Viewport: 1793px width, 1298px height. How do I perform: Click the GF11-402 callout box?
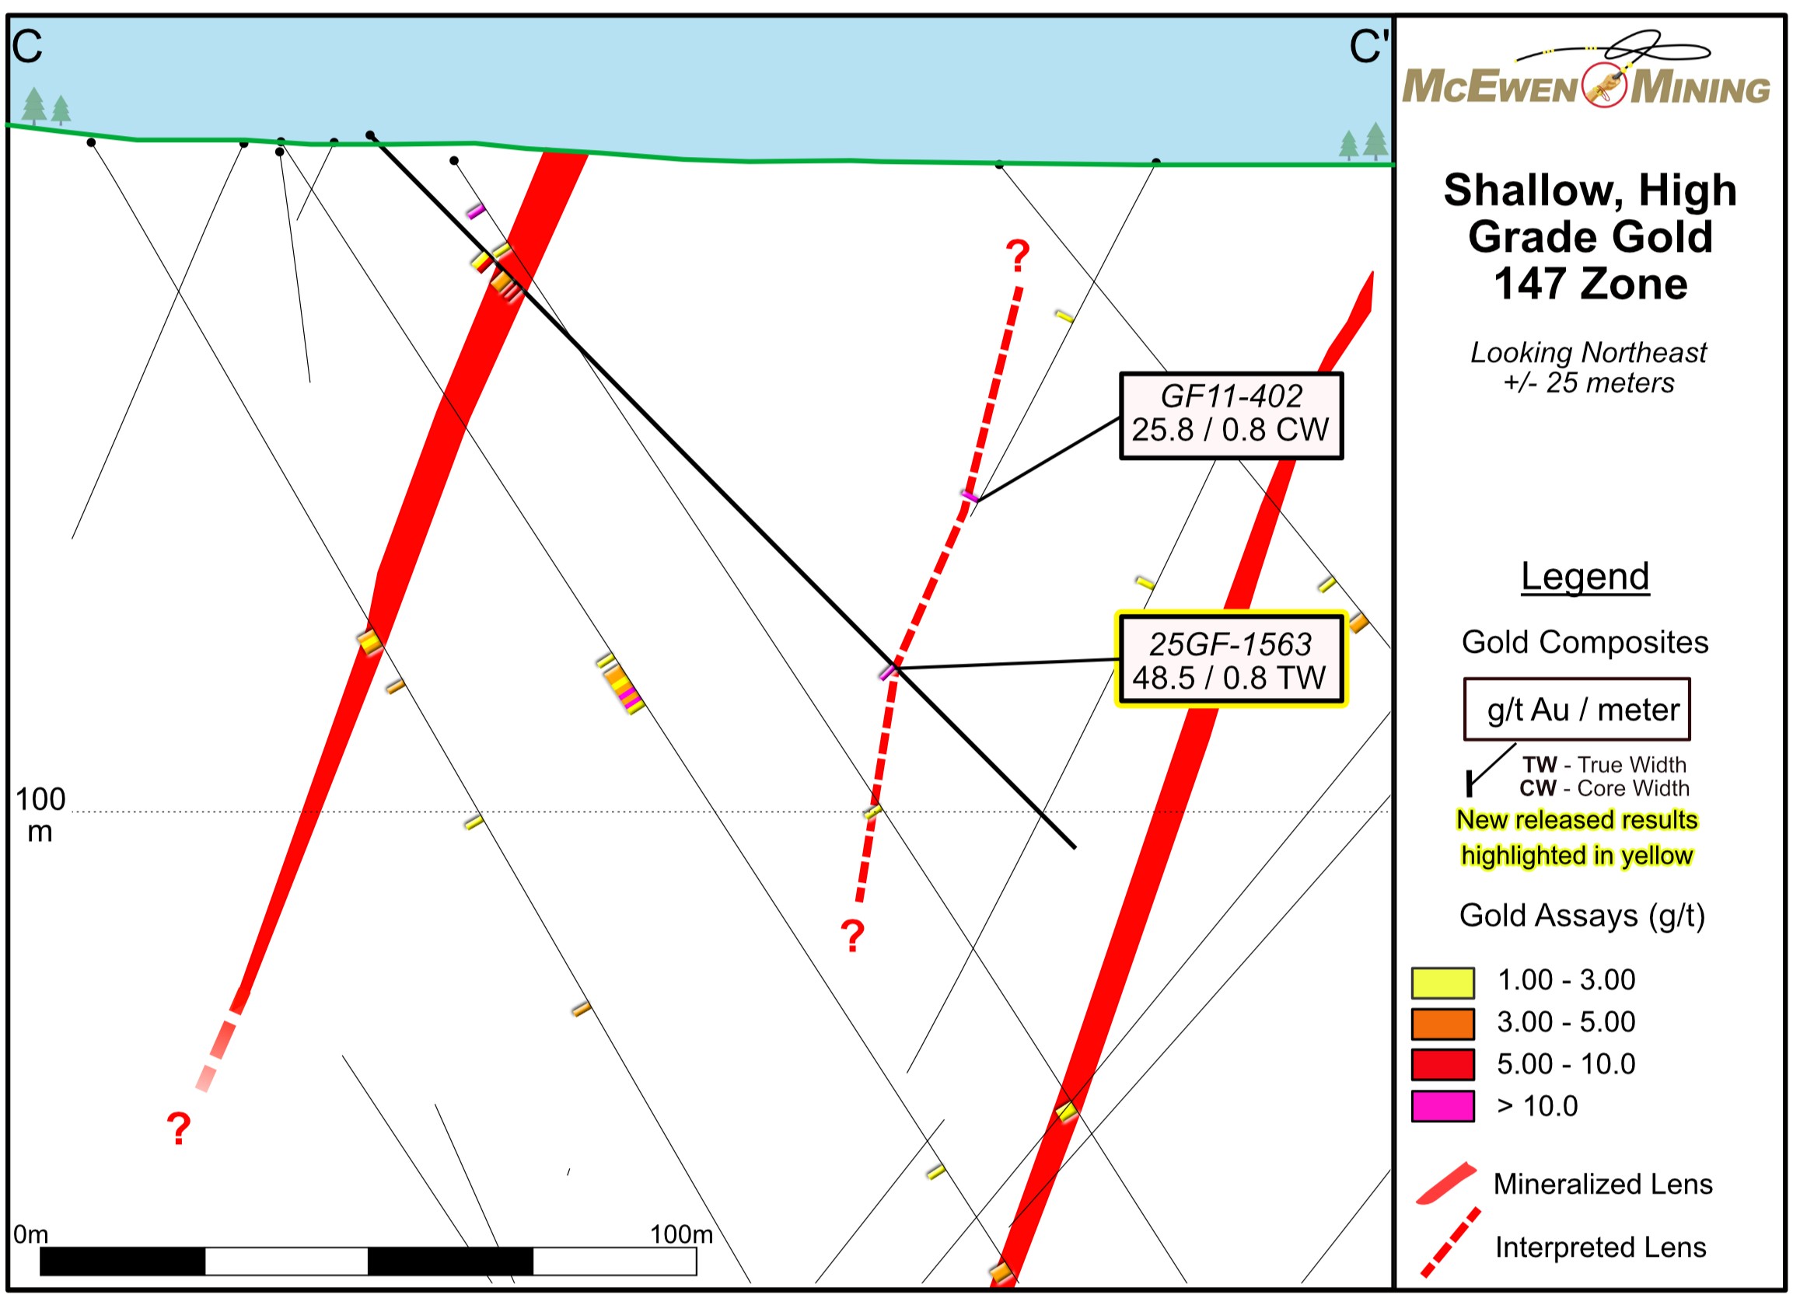(x=1230, y=414)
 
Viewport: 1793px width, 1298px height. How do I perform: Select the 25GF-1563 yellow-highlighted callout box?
(x=1230, y=658)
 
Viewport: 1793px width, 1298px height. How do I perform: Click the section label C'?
(x=1367, y=47)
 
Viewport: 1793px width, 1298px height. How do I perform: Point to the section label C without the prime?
(x=27, y=47)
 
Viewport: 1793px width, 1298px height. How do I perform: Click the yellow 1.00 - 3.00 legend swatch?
(x=1442, y=982)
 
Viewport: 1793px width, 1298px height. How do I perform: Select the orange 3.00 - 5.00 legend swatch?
(x=1442, y=1024)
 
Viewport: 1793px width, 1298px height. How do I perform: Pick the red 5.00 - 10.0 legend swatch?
(x=1442, y=1065)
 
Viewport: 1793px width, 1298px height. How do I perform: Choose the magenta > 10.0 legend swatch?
(x=1442, y=1106)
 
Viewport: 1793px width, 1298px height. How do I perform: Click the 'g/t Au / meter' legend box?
(x=1576, y=709)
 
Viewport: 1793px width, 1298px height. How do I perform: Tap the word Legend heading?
(x=1585, y=576)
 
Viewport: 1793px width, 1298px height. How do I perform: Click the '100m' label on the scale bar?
(x=680, y=1234)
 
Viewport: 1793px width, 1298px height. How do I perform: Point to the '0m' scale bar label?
(x=31, y=1234)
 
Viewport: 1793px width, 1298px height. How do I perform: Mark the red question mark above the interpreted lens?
(x=1018, y=256)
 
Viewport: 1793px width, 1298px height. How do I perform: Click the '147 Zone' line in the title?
(x=1590, y=284)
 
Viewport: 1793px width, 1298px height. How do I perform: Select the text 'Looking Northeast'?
(x=1588, y=353)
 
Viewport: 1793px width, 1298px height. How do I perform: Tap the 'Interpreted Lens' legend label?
(x=1600, y=1247)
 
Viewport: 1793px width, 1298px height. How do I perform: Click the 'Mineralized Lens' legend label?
(x=1603, y=1184)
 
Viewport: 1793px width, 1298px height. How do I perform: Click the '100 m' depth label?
(x=40, y=815)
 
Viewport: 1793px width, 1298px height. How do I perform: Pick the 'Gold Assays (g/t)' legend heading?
(x=1582, y=916)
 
